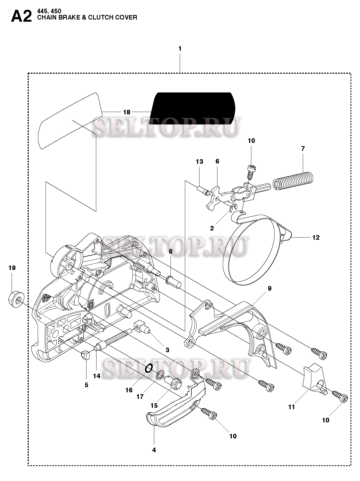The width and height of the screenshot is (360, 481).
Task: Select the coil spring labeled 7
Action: pos(292,181)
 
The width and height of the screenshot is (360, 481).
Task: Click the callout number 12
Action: pos(316,238)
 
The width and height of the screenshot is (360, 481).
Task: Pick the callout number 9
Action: pos(269,288)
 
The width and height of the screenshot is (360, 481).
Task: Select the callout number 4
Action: pos(154,450)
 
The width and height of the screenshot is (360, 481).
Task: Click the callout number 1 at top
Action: pos(180,49)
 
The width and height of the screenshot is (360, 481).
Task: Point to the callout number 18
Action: pos(127,112)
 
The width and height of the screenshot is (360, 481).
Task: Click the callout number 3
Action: pos(167,350)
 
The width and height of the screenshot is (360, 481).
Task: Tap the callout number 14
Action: pos(97,376)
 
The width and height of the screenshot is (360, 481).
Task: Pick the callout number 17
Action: pos(140,397)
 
